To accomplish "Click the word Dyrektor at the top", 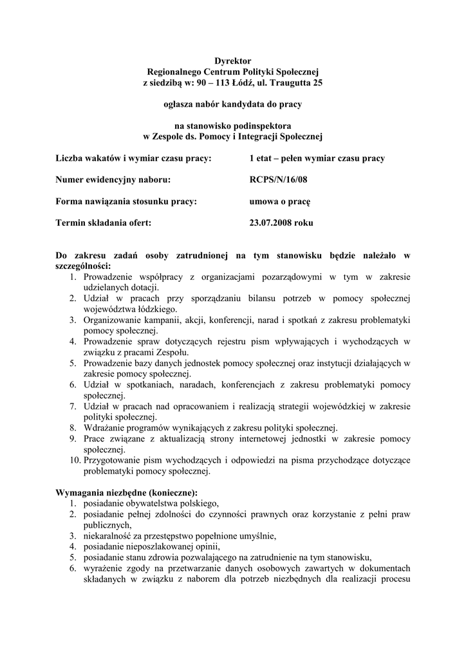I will [x=232, y=60].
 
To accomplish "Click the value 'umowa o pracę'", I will [x=280, y=201].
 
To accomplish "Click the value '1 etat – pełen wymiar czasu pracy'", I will [x=317, y=158].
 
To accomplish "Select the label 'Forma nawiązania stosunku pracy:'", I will [x=126, y=201].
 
